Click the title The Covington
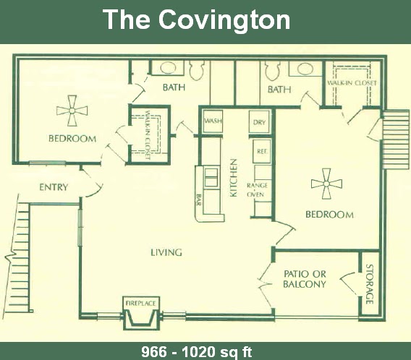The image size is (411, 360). coord(196,20)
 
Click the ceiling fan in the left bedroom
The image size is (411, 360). coord(72,111)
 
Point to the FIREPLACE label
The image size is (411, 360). coord(141,302)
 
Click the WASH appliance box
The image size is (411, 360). coord(212,121)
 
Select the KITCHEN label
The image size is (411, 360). coord(234,177)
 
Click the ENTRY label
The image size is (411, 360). coord(54,187)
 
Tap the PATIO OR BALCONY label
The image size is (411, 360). coord(305,278)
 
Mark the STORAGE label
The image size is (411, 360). coord(369,285)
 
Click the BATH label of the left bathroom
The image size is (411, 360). coord(174,89)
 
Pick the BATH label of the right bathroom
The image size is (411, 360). coord(279,90)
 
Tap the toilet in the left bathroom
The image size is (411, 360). coord(196,69)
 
